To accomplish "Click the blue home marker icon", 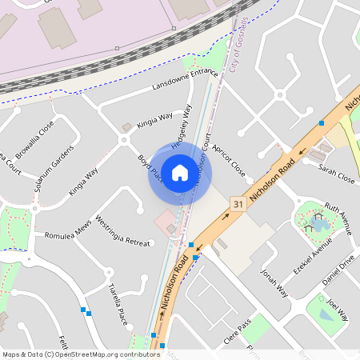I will click(180, 173).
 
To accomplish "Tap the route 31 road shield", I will click(238, 204).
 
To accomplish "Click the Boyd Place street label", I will click(150, 169).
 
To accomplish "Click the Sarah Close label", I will click(336, 174).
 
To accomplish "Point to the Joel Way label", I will click(338, 310).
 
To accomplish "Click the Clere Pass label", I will click(238, 331).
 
